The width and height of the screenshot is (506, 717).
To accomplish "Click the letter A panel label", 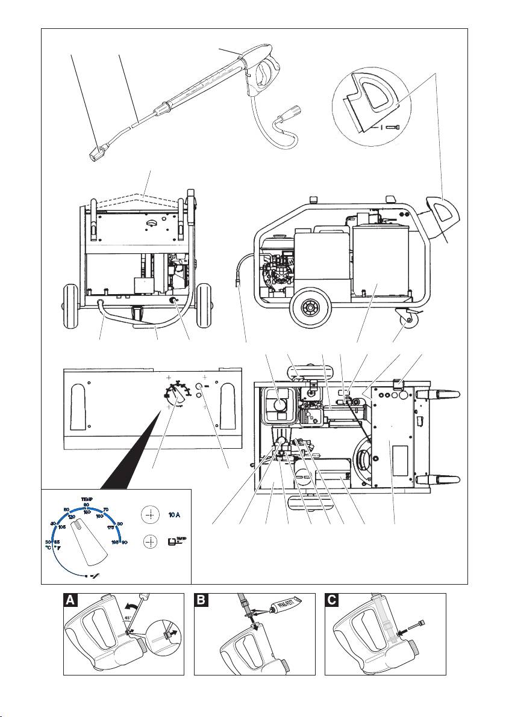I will (70, 601).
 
